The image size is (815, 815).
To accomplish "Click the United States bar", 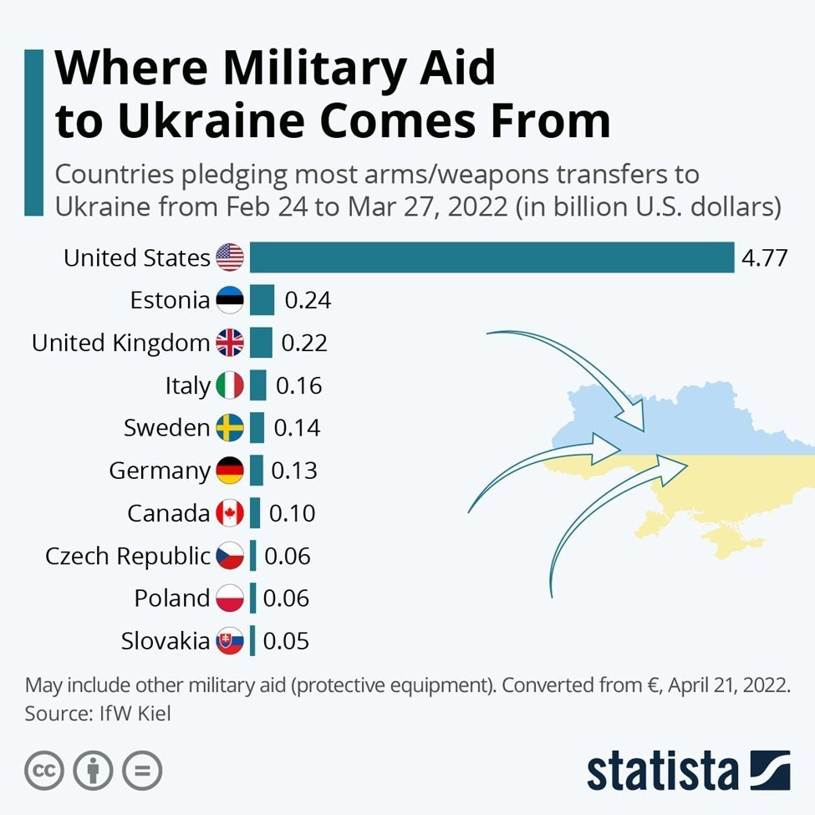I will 492,257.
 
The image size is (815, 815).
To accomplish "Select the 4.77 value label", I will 764,257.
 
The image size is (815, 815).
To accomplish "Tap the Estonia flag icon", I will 230,300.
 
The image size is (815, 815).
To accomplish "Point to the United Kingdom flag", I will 230,343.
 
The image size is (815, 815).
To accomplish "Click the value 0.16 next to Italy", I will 298,385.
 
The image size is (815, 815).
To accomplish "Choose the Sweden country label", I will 166,428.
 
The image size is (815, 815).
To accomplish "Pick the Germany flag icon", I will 230,471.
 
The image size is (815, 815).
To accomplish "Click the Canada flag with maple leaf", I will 230,513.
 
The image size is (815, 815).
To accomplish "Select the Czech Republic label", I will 127,556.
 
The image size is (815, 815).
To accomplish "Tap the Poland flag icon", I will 230,599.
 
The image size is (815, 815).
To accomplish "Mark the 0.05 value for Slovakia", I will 286,641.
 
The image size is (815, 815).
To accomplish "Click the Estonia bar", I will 262,300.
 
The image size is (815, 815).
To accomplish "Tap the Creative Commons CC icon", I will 44,770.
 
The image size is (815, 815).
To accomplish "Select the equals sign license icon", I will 142,770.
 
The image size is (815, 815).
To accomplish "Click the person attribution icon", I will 93,770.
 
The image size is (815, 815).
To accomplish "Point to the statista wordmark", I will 662,771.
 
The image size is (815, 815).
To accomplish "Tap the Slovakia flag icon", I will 230,641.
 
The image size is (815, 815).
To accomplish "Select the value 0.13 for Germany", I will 294,471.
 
